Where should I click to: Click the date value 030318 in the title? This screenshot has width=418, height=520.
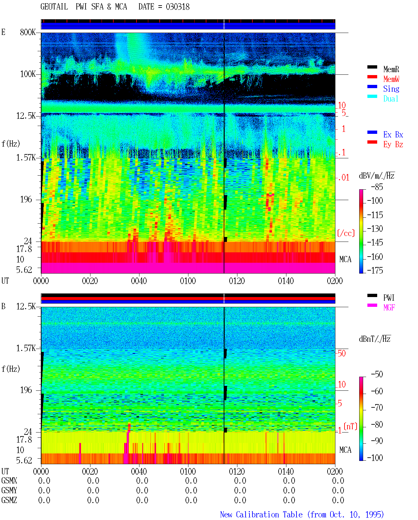pyautogui.click(x=177, y=7)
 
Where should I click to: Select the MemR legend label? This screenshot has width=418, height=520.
pyautogui.click(x=391, y=69)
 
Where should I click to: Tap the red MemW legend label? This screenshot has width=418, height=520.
pyautogui.click(x=391, y=79)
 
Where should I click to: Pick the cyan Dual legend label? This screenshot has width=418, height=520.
pyautogui.click(x=391, y=99)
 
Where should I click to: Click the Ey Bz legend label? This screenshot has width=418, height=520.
pyautogui.click(x=393, y=144)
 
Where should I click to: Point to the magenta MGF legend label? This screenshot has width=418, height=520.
pyautogui.click(x=389, y=307)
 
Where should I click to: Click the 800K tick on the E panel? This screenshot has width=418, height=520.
pyautogui.click(x=28, y=32)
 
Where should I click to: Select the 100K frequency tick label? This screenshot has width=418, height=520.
pyautogui.click(x=28, y=74)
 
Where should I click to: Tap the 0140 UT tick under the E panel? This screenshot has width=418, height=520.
pyautogui.click(x=286, y=281)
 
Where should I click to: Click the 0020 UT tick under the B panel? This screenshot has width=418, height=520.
pyautogui.click(x=90, y=471)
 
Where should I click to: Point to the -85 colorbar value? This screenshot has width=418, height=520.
pyautogui.click(x=377, y=187)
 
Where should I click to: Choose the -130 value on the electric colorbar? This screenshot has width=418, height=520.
pyautogui.click(x=375, y=228)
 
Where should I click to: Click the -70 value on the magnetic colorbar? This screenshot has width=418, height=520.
pyautogui.click(x=377, y=408)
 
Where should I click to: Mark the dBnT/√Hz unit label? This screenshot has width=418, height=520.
pyautogui.click(x=375, y=339)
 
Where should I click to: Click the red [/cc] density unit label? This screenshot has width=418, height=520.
pyautogui.click(x=346, y=233)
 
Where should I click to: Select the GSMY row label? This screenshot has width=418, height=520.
pyautogui.click(x=9, y=490)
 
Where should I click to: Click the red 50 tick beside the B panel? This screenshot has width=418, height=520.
pyautogui.click(x=342, y=354)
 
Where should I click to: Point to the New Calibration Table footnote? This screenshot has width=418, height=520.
pyautogui.click(x=302, y=514)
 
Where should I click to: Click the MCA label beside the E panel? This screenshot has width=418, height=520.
pyautogui.click(x=345, y=259)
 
